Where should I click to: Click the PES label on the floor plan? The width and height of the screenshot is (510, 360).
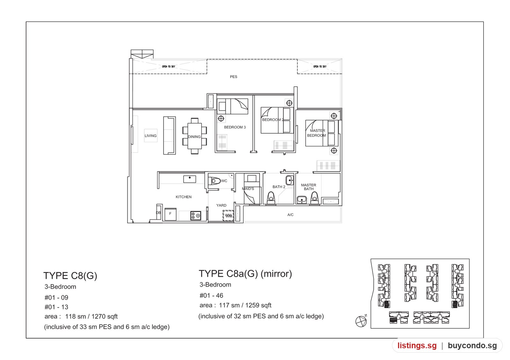tap(233, 77)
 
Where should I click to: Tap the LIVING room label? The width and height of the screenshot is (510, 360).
tap(150, 136)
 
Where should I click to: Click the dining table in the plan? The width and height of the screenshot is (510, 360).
tap(194, 136)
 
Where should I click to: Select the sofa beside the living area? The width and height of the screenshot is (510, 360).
tap(169, 135)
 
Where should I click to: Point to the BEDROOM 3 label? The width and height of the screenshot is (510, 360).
tap(235, 127)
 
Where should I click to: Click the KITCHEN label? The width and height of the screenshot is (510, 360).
tap(183, 197)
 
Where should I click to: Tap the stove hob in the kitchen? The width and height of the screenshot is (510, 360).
tap(196, 215)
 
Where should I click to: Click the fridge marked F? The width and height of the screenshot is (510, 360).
tap(170, 214)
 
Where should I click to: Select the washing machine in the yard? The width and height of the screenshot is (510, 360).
tap(228, 215)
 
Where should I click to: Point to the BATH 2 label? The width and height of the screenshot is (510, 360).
tap(279, 187)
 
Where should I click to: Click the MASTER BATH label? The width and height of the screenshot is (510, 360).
tap(309, 187)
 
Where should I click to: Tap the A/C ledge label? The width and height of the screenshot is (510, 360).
tap(290, 215)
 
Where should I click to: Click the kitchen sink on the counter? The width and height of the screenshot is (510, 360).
tap(190, 179)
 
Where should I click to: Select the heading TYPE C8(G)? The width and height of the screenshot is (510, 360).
tap(70, 276)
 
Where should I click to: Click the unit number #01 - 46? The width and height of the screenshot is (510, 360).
tap(211, 295)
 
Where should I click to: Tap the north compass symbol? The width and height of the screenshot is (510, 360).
tap(361, 321)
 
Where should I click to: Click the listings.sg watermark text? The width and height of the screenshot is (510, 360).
tap(417, 345)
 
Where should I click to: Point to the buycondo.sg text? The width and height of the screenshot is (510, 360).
tap(472, 345)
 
